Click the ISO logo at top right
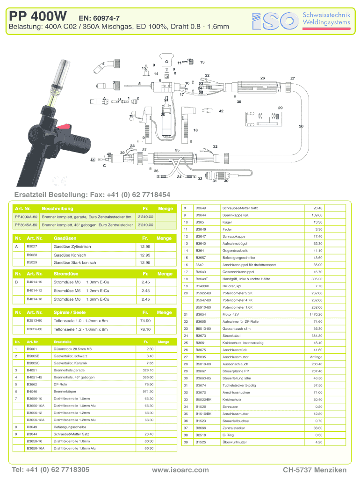point(274,19)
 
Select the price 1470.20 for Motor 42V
point(316,314)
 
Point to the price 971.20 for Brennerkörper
point(148,391)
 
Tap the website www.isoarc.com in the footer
point(180,469)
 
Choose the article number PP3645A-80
point(26,225)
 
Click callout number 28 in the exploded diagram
point(301,126)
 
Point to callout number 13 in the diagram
point(202,62)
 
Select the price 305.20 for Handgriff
point(316,279)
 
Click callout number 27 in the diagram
point(293,78)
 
